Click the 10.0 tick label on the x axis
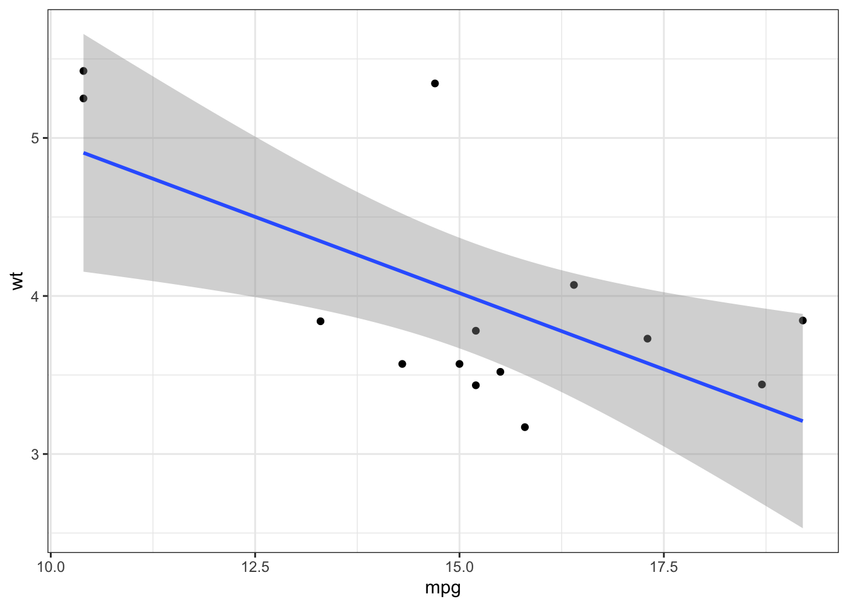pos(50,567)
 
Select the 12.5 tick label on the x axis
pos(255,567)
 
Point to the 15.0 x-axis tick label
pos(459,567)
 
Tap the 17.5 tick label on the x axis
pos(663,567)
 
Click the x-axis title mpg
pos(443,588)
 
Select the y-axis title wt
pos(17,281)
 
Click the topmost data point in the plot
pos(83,71)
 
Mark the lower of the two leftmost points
pos(83,98)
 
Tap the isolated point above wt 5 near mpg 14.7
pos(435,83)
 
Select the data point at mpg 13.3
pos(321,321)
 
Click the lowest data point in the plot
pos(525,427)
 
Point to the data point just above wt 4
pos(574,285)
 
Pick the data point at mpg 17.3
pos(647,339)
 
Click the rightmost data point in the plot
pos(803,321)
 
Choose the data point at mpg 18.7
pos(762,384)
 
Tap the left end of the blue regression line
pos(84,153)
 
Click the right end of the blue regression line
pos(802,420)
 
